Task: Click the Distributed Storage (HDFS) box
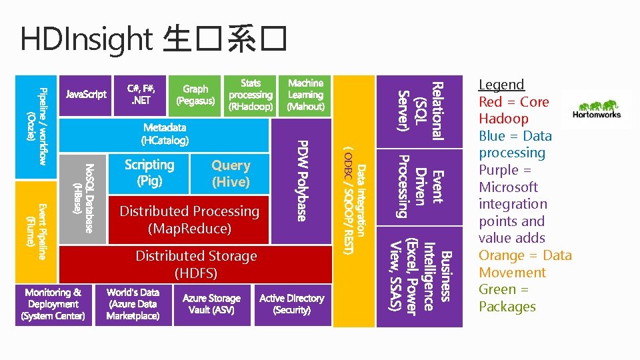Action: click(196, 264)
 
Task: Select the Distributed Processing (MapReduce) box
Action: click(189, 219)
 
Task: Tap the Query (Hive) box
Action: click(231, 173)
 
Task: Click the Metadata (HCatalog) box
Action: click(165, 134)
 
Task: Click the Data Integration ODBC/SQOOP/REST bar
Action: click(353, 200)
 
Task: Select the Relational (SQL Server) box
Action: click(419, 111)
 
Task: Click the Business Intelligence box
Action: click(419, 277)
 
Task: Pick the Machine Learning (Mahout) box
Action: click(305, 95)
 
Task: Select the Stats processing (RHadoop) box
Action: click(251, 95)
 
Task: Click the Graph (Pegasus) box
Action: click(195, 95)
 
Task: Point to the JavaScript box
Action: click(86, 95)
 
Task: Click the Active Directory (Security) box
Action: click(291, 305)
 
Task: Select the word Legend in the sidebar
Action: click(501, 85)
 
